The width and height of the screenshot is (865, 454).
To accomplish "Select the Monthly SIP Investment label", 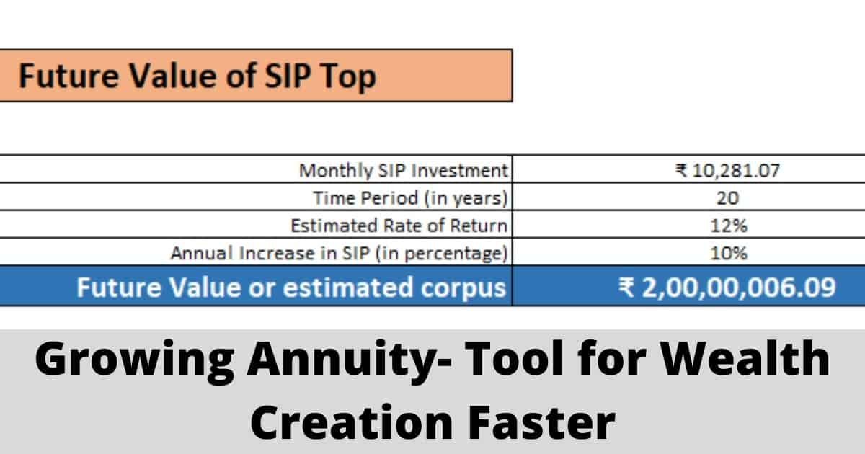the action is tap(403, 171).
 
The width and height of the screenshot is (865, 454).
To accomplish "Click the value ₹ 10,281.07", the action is tap(727, 171).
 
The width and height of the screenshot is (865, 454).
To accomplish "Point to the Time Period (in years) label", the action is tap(410, 198).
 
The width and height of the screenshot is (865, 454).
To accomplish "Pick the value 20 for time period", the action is tap(727, 198).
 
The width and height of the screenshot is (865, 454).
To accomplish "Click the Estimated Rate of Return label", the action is tap(399, 226).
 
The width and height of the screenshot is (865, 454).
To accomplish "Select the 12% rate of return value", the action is tap(728, 226).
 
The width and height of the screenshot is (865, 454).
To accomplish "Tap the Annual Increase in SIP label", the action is tap(339, 254).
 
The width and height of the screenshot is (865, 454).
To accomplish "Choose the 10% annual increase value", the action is tap(728, 254).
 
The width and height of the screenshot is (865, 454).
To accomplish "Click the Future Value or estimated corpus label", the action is tap(291, 288).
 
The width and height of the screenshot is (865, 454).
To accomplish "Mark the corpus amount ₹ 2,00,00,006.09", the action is tap(727, 288).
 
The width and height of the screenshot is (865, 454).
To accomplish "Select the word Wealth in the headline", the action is tap(745, 358).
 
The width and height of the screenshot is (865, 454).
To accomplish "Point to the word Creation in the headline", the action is tap(352, 422).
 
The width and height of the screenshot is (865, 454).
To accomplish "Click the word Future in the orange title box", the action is tap(68, 76).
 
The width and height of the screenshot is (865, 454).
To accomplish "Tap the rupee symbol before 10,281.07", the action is tap(681, 170).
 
